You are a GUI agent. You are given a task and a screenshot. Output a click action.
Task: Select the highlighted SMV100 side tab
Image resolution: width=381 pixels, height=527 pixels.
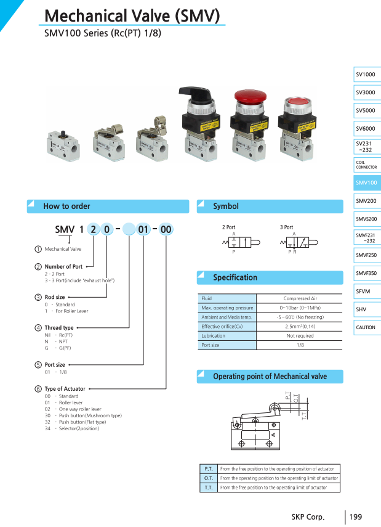coord(366,182)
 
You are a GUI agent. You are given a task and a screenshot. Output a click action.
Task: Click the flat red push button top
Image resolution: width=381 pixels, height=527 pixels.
coord(299,102)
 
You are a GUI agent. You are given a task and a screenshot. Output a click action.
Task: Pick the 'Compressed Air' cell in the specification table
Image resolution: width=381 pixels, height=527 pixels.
coord(300,298)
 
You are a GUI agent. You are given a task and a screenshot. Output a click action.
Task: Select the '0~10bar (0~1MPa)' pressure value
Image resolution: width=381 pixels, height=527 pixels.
coord(300,308)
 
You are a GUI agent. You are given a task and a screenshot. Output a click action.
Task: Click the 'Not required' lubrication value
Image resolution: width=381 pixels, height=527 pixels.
coord(300,336)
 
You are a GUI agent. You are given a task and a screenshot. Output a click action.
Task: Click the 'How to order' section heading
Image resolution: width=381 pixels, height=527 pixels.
coord(66,206)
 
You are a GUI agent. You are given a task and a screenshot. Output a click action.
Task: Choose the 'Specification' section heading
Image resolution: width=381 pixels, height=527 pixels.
coord(235,277)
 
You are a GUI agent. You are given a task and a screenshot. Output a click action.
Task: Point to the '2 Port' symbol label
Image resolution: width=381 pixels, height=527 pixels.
coord(228,227)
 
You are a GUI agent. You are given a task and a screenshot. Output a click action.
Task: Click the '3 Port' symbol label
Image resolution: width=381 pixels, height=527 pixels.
coord(286,227)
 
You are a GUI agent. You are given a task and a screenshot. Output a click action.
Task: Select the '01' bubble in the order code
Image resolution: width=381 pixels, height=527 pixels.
coord(143,230)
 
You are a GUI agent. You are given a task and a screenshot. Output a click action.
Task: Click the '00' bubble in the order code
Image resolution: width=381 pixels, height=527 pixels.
coord(166,230)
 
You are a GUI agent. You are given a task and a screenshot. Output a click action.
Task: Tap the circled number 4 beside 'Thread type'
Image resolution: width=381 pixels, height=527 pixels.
coord(38,328)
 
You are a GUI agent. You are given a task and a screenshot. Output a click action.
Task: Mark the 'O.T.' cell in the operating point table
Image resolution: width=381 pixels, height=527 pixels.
coord(209,478)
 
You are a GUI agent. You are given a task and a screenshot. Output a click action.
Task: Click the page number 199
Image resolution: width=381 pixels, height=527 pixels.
coord(356,517)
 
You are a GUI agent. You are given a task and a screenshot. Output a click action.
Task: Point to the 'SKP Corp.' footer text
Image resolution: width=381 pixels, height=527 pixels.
coord(308,517)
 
